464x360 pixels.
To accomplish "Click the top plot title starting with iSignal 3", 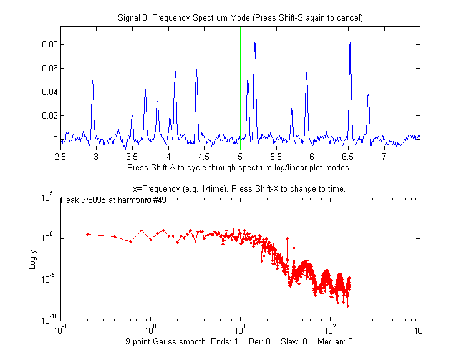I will tap(239, 17).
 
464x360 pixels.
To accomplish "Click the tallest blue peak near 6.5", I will tap(350, 39).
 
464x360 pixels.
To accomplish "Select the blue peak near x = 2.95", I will tap(92, 82).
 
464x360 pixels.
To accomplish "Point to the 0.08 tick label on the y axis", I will tap(50, 44).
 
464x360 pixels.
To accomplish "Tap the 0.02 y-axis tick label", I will tap(50, 115).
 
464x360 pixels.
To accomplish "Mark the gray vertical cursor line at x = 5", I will tap(240, 75).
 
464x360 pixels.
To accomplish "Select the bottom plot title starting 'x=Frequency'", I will tap(239, 188).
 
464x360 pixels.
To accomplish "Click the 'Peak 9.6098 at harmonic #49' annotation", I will tap(113, 200).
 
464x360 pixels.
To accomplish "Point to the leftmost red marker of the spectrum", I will tap(88, 234).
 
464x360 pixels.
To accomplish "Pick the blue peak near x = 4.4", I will tap(196, 70).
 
